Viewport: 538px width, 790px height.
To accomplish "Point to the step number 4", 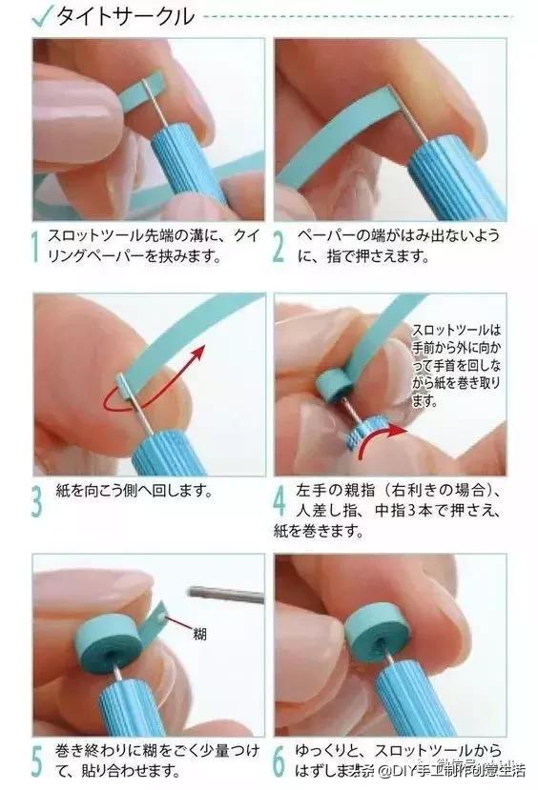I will click(279, 503).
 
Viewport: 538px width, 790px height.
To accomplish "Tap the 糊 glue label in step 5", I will click(200, 633).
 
